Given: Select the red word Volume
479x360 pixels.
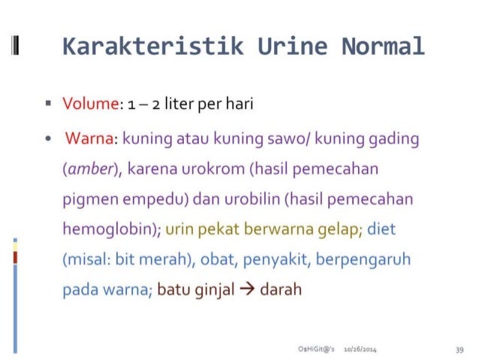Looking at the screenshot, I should pyautogui.click(x=91, y=104).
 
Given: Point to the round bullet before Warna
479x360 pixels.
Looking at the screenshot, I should pyautogui.click(x=48, y=140).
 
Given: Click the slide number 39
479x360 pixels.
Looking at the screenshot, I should pyautogui.click(x=459, y=349).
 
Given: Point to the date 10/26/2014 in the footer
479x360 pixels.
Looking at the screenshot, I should pyautogui.click(x=359, y=349).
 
